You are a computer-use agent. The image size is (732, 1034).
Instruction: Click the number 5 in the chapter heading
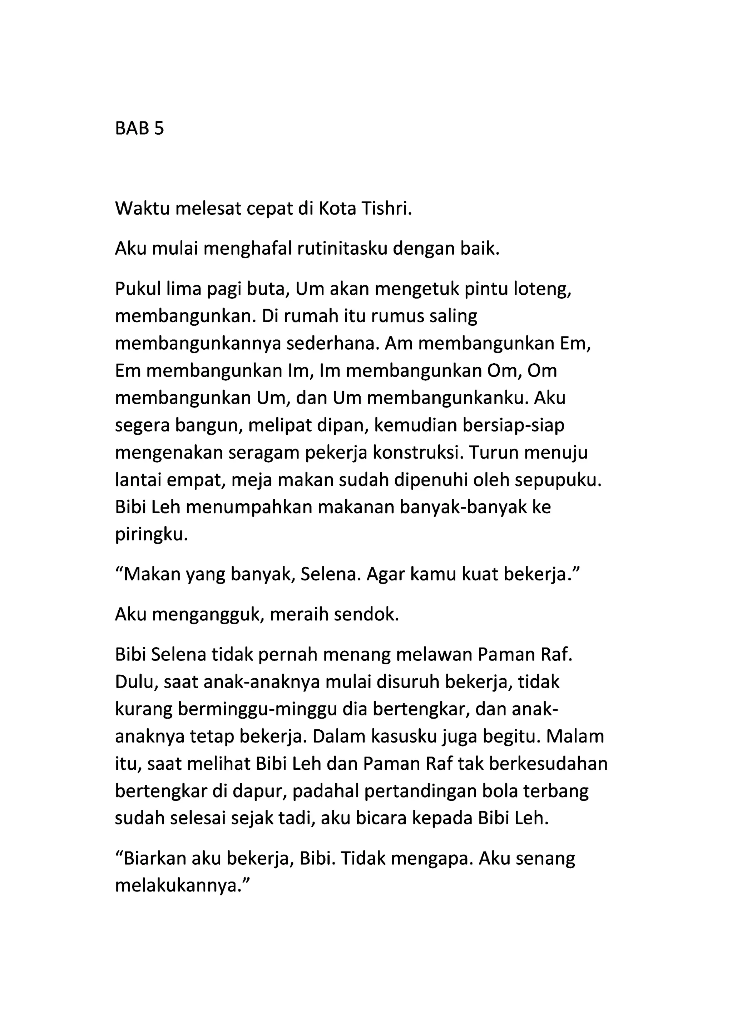(x=159, y=129)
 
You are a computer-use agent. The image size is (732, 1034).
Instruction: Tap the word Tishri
(x=386, y=209)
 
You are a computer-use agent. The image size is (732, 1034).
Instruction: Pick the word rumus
(x=385, y=316)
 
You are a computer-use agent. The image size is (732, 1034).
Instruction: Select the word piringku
(x=150, y=535)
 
